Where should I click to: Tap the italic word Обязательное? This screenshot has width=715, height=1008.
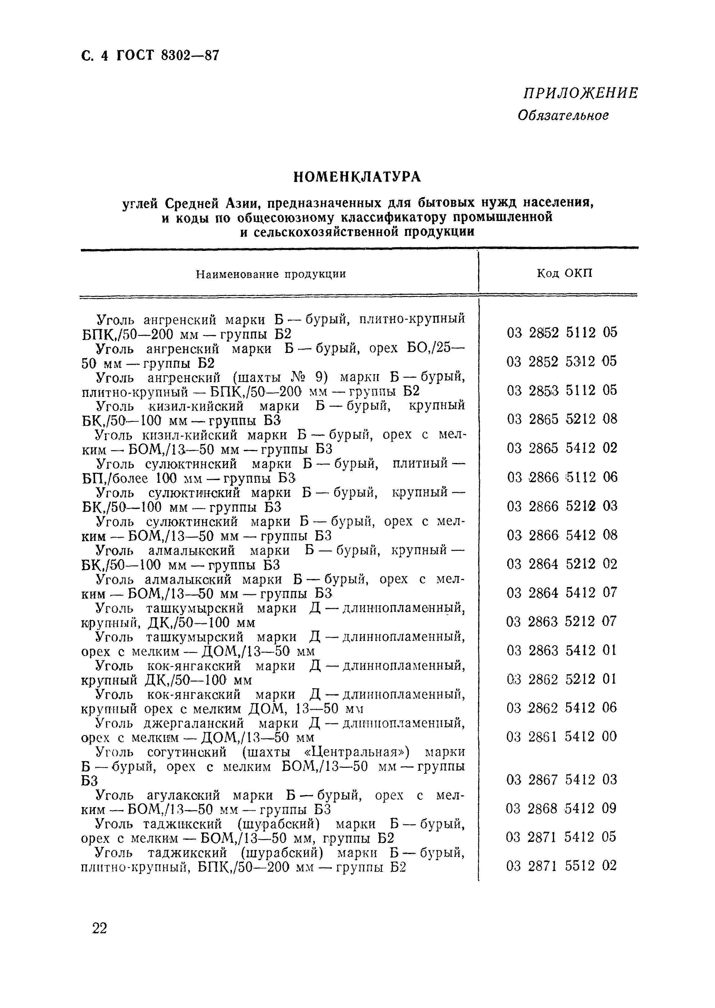[563, 116]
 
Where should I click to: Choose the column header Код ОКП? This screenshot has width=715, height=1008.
[564, 273]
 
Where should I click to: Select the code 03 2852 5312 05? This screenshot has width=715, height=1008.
[562, 362]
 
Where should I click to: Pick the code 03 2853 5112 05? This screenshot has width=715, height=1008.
[562, 390]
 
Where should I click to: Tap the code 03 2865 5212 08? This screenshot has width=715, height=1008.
[562, 419]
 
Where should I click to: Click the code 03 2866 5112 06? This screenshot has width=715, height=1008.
[562, 477]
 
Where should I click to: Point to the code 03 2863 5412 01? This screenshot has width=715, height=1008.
[562, 650]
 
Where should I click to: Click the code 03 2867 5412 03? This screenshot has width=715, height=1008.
[562, 780]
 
